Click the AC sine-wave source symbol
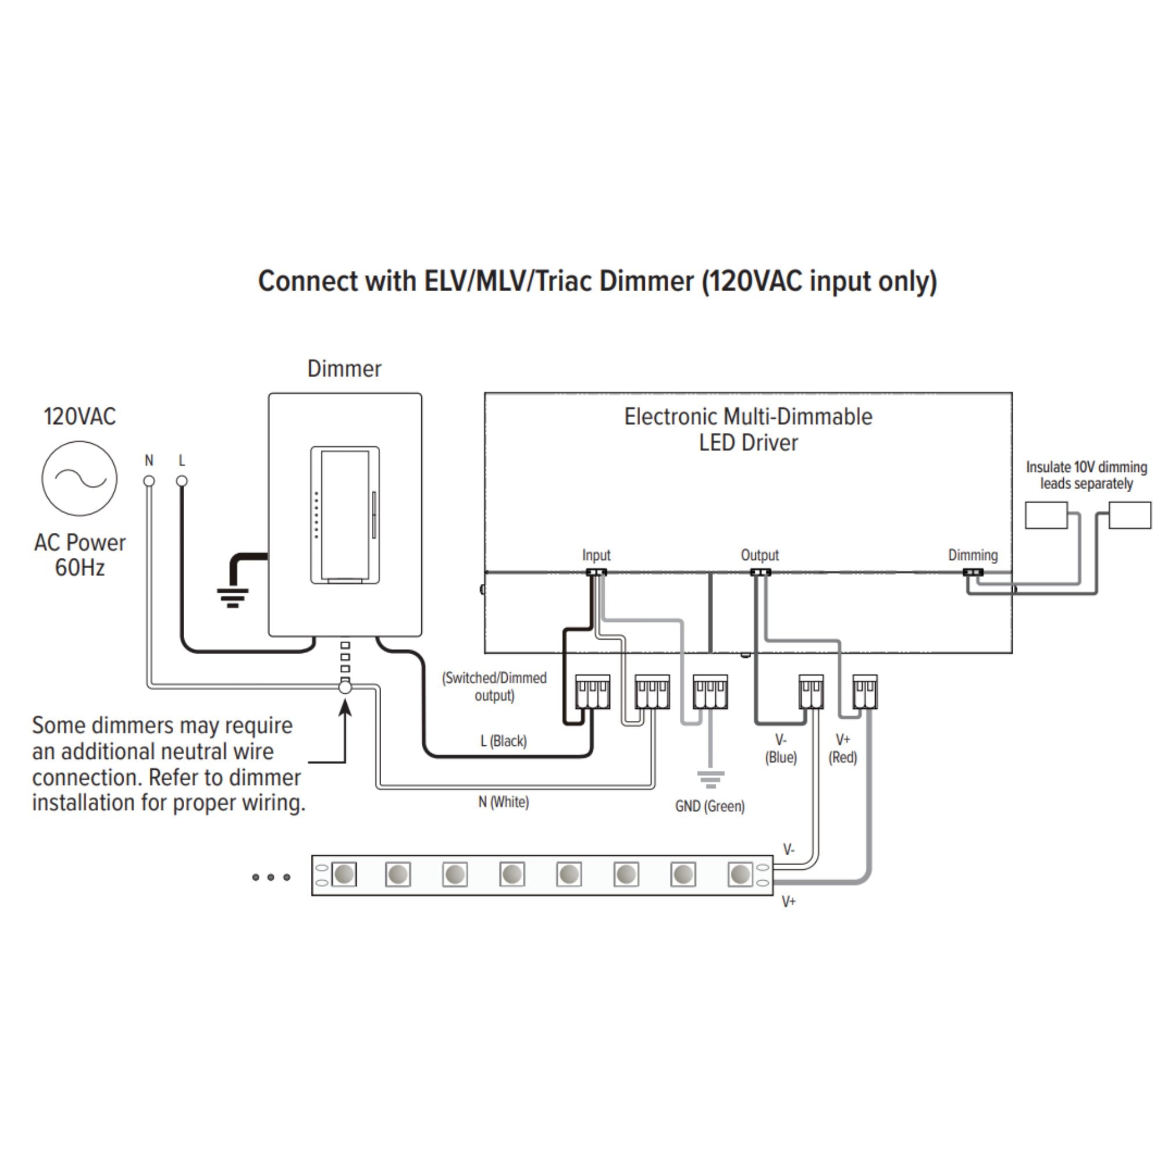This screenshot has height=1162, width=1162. [x=80, y=479]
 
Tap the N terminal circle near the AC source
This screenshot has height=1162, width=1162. [x=149, y=481]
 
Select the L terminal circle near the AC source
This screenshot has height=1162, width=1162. [x=182, y=481]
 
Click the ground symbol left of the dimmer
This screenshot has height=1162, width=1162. [x=233, y=597]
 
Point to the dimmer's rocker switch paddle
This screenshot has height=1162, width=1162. [x=345, y=515]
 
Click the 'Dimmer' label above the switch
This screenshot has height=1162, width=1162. [x=344, y=369]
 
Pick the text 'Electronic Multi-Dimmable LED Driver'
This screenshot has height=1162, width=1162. [x=748, y=429]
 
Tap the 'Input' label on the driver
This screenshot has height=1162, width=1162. [x=596, y=555]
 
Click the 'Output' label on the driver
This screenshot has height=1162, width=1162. [x=759, y=555]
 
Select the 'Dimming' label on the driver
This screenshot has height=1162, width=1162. [x=973, y=555]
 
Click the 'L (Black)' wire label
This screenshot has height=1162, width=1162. [x=503, y=741]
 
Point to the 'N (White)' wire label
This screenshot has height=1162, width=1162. [x=503, y=802]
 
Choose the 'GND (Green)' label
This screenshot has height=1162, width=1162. [x=710, y=806]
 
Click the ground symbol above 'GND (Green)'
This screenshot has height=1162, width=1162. [x=711, y=780]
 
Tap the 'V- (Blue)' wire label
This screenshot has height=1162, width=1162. [x=781, y=749]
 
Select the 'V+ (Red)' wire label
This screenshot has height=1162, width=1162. [x=842, y=749]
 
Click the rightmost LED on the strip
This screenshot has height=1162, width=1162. [x=740, y=874]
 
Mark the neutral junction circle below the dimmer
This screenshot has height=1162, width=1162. [x=345, y=686]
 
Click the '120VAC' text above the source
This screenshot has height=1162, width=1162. [x=80, y=416]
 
